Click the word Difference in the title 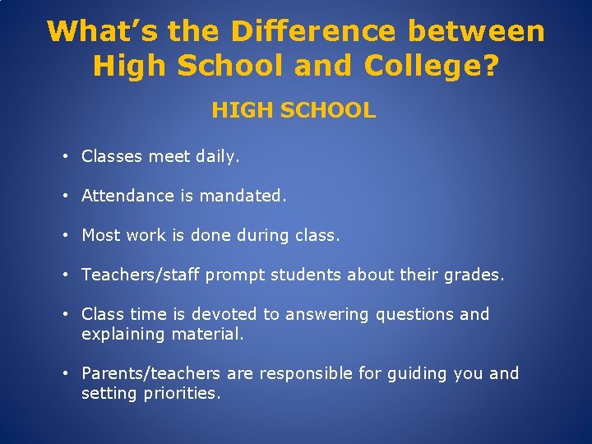(x=313, y=31)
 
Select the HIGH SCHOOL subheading (x=294, y=110)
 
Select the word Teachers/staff (x=140, y=275)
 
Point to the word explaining (x=123, y=335)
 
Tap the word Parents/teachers (x=151, y=373)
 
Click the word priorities (x=182, y=394)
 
